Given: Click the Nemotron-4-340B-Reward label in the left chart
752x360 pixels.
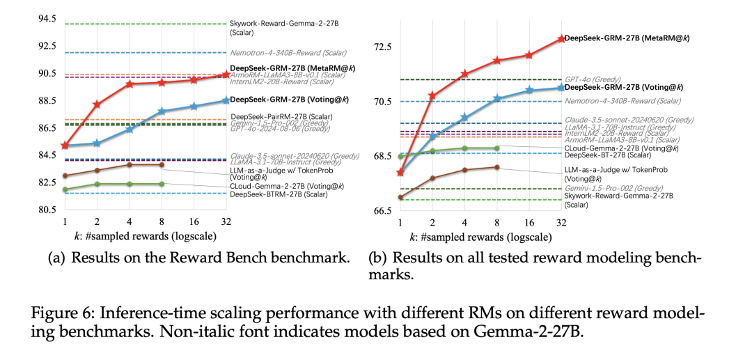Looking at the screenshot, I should point(288,52).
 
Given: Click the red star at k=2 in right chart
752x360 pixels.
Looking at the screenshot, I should point(432,95).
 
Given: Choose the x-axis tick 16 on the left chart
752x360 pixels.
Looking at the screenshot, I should point(194,221).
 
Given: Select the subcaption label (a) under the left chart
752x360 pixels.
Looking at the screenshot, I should point(56,258).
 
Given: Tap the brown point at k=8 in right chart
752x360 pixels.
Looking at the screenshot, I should point(497,167).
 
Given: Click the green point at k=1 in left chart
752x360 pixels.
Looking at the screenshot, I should point(65,189).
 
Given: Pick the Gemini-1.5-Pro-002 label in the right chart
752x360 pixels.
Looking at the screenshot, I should point(603,188).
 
